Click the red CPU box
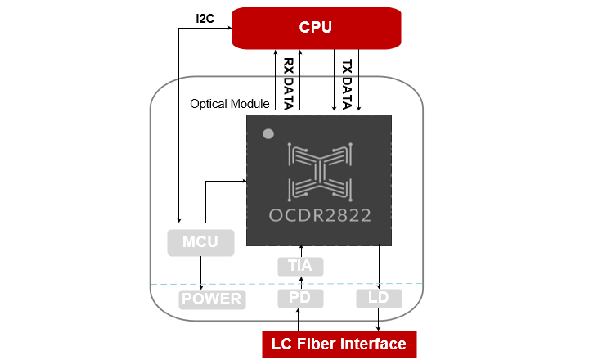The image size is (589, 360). [317, 28]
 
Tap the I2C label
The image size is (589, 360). [205, 17]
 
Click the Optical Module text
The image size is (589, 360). [229, 105]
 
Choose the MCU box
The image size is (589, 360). [200, 242]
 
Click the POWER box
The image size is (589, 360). [211, 299]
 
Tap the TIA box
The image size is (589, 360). [300, 266]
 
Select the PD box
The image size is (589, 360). [300, 299]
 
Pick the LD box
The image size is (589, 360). [379, 299]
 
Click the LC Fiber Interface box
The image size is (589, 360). [339, 344]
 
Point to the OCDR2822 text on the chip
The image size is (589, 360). [319, 216]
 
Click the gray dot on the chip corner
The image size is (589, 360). [267, 133]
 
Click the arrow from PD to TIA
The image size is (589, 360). [300, 282]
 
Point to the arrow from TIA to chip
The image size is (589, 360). [300, 250]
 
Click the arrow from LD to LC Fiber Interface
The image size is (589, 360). [379, 319]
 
